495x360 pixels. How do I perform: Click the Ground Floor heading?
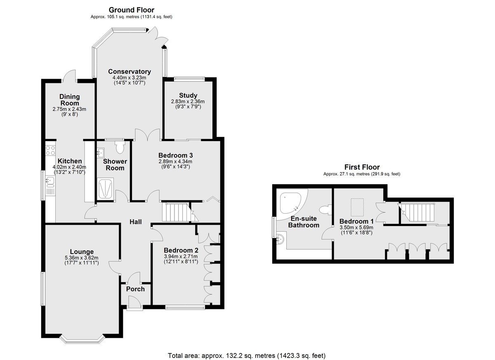(x=132, y=10)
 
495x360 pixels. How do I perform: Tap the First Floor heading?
(x=362, y=167)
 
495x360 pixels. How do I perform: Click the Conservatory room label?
(x=130, y=72)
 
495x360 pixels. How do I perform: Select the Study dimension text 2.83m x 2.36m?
(x=188, y=101)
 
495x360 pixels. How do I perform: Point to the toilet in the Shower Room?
(x=120, y=147)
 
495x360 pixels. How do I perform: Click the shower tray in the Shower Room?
(x=105, y=188)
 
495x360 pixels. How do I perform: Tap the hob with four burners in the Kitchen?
(x=50, y=151)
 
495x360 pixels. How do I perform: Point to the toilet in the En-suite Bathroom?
(x=325, y=210)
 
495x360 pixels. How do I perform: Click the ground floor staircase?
(x=180, y=212)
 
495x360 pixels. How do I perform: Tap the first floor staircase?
(x=416, y=212)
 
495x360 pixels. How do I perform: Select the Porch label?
(x=135, y=289)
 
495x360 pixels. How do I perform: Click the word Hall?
(x=135, y=222)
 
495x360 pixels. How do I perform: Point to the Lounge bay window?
(x=82, y=340)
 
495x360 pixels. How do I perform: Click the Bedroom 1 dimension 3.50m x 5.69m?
(x=356, y=228)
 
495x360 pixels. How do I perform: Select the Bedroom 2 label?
(x=181, y=250)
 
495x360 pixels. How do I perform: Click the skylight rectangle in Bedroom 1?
(x=357, y=207)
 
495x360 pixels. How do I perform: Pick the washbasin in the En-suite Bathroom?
(x=280, y=239)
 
